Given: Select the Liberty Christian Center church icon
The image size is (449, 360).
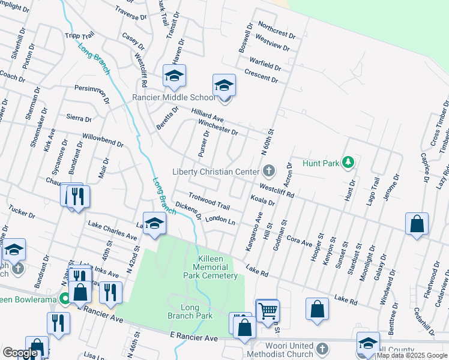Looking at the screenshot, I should [x=268, y=172].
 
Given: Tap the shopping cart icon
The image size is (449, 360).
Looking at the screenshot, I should [x=267, y=311].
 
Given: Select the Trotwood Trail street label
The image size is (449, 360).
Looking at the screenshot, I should [x=209, y=201].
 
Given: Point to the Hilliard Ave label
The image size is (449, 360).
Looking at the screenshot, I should [x=207, y=116].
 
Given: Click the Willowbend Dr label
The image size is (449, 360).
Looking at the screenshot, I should [x=103, y=140].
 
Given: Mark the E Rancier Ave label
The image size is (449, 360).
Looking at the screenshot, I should [x=193, y=338].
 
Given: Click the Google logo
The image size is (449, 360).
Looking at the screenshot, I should [x=20, y=353].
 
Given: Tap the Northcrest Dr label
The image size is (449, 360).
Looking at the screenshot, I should [x=277, y=28].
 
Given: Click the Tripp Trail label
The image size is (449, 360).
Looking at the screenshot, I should [x=80, y=35].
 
